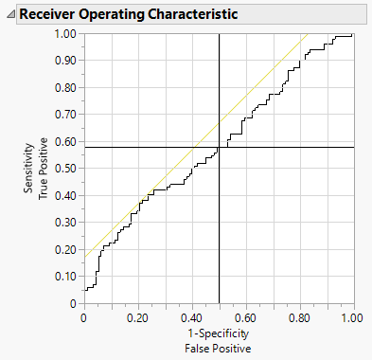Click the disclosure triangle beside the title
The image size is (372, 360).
(10, 15)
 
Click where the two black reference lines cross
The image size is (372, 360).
(219, 147)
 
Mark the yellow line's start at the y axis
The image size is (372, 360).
(84, 257)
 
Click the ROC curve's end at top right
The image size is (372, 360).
(353, 34)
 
